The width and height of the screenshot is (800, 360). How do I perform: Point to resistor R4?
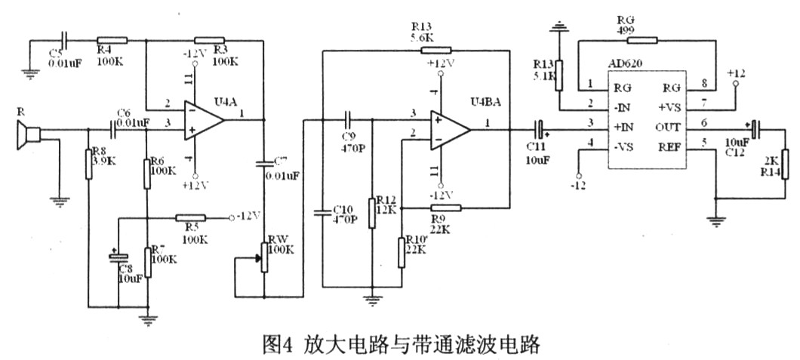[x=112, y=42]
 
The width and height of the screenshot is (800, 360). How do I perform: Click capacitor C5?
[x=64, y=42]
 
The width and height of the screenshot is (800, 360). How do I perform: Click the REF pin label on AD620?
[x=670, y=146]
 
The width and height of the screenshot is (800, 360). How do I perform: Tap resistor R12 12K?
[x=371, y=211]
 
